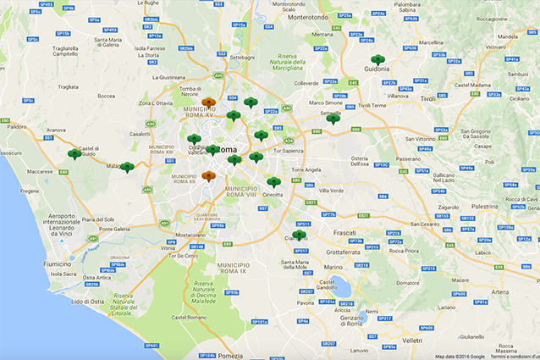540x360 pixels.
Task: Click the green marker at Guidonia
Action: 377,60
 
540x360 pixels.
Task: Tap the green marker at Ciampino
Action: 299,235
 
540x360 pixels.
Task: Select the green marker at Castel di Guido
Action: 74,154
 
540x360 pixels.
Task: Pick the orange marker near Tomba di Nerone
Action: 208,103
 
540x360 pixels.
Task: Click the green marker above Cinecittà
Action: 273,182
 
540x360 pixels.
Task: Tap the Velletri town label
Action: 412,339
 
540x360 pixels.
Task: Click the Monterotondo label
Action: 307,17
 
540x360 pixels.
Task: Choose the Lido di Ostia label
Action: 88,301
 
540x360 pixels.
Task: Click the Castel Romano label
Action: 189,317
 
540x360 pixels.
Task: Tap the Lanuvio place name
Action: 360,350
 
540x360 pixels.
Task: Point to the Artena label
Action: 500,292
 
